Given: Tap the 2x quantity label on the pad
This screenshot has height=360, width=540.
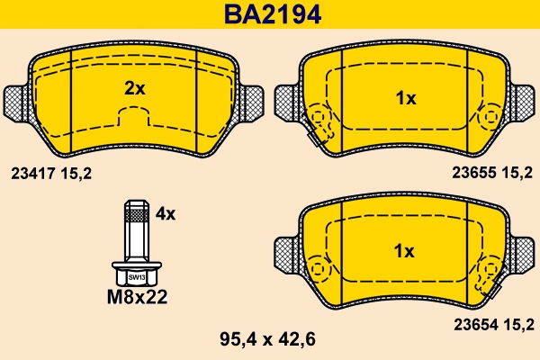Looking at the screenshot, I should (134, 88).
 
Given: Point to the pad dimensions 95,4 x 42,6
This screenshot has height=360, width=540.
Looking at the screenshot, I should (270, 339).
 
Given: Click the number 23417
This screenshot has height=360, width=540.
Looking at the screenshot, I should (31, 173).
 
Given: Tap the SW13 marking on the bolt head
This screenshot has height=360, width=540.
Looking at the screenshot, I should (136, 278).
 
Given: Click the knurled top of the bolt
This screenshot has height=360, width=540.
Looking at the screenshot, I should (135, 212).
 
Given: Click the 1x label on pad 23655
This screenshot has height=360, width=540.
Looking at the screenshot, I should (405, 99).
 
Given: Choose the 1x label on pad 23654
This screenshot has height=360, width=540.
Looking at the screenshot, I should (405, 250).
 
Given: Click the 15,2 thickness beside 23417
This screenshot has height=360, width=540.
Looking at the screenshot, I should (76, 173).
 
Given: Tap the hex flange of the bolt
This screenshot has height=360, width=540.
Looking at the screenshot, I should (136, 269).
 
